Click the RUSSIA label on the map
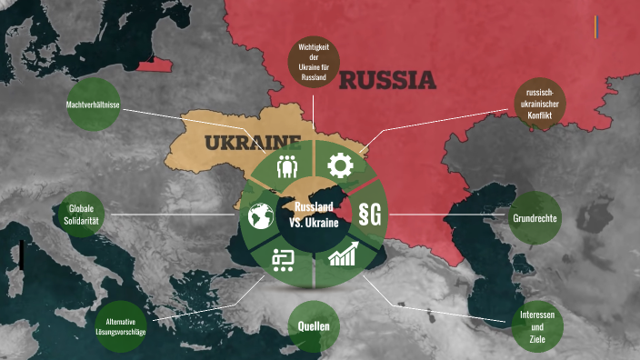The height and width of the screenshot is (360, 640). pos(387,82)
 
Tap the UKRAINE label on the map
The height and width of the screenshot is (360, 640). pos(252,143)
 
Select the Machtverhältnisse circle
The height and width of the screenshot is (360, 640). pos(94,105)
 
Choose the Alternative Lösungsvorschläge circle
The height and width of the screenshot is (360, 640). pos(126,326)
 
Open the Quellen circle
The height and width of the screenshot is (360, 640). pos(313,326)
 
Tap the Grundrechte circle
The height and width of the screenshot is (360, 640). pos(535,219)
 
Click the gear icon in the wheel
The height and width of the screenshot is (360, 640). pos(340,165)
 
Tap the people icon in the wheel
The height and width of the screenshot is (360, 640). pos(288,166)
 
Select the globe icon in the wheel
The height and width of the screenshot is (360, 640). pos(261,215)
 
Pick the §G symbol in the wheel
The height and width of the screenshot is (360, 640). pos(370,215)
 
